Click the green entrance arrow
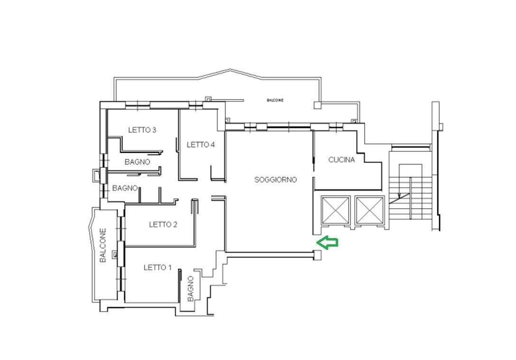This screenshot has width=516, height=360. tap(327, 242)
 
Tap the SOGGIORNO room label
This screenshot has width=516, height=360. tap(276, 180)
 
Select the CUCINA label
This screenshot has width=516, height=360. tap(341, 160)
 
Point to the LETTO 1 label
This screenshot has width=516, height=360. tap(157, 268)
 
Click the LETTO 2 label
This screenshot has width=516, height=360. tap(163, 225)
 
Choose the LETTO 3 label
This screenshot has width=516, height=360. tap(142, 130)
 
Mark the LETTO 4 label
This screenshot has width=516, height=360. tap(201, 145)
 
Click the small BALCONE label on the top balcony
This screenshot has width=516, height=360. tap(275, 101)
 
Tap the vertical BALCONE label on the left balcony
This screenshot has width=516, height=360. tap(103, 245)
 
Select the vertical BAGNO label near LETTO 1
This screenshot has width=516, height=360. tap(191, 288)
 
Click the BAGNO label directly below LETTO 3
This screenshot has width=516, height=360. tap(137, 162)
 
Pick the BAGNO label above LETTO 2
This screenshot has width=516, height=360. tap(125, 188)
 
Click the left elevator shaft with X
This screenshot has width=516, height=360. tap(335, 210)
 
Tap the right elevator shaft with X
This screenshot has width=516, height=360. tap(370, 210)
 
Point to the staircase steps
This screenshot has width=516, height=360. tap(410, 197)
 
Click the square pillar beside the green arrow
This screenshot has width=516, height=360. tap(318, 255)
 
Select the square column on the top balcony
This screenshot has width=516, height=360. tap(318, 105)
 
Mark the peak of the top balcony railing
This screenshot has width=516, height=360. tap(230, 69)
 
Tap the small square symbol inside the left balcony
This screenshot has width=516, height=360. tap(115, 254)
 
